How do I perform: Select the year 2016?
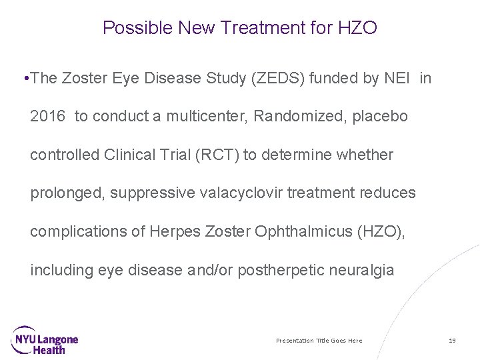[48, 117]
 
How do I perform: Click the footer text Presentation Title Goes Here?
[319, 341]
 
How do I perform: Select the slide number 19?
[452, 341]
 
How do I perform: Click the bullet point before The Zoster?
[25, 79]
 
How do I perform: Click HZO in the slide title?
[358, 28]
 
